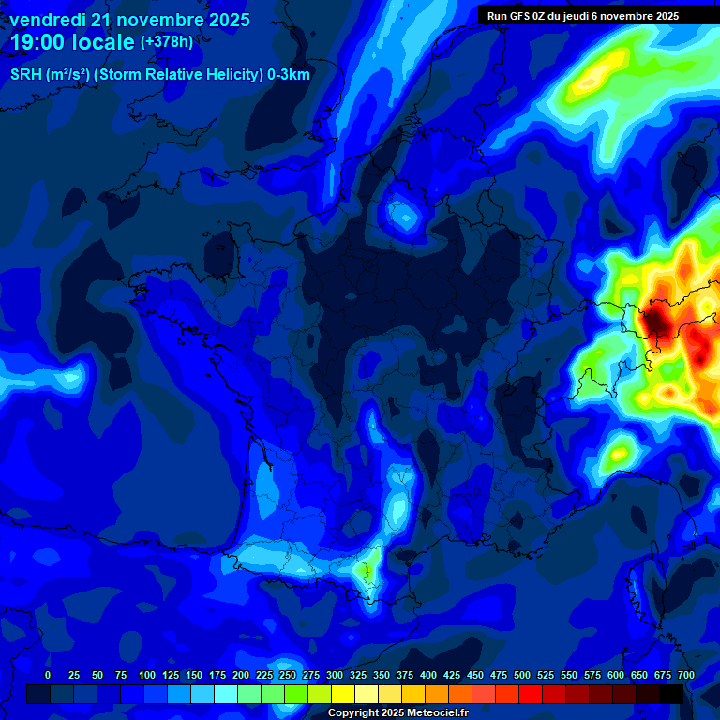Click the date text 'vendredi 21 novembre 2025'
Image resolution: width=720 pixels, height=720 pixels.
[129, 20]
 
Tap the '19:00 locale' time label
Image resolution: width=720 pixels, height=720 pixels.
[72, 42]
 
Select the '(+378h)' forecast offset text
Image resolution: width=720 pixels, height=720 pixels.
[167, 41]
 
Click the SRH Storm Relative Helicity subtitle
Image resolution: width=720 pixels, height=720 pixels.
[159, 75]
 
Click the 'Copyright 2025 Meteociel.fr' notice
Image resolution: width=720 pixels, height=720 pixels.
[397, 712]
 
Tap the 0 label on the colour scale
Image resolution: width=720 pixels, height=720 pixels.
[48, 675]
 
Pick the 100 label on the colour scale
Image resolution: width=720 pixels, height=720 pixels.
[147, 675]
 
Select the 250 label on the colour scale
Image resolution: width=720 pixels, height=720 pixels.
[288, 675]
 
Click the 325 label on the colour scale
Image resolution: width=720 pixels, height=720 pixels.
[358, 675]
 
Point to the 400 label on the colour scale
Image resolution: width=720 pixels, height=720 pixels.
[428, 675]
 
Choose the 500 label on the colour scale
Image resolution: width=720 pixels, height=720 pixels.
[522, 675]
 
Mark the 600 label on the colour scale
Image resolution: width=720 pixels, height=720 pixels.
[616, 675]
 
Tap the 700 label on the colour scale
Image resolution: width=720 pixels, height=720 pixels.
[686, 675]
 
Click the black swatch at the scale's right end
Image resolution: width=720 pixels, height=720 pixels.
[671, 694]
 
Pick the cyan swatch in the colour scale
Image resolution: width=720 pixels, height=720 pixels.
[226, 694]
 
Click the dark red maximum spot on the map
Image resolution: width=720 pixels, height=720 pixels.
[657, 322]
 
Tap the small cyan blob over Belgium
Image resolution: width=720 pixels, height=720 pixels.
[405, 217]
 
